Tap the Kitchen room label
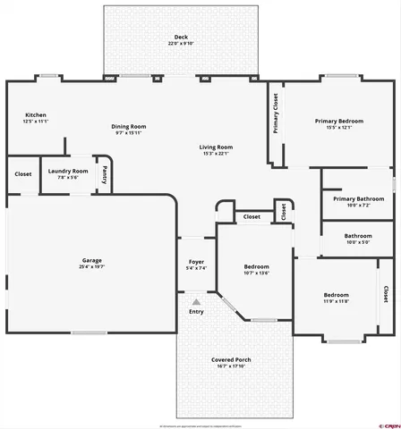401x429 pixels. pyautogui.click(x=36, y=115)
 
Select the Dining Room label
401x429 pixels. pyautogui.click(x=128, y=126)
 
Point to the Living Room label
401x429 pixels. pyautogui.click(x=216, y=147)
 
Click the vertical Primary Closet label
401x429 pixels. pyautogui.click(x=276, y=114)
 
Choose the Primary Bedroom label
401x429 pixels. pyautogui.click(x=337, y=121)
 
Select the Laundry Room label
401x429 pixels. pyautogui.click(x=68, y=170)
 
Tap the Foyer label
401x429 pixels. pyautogui.click(x=195, y=262)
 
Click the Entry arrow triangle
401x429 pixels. pyautogui.click(x=195, y=302)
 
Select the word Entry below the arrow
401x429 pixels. pyautogui.click(x=195, y=312)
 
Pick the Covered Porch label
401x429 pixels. pyautogui.click(x=231, y=359)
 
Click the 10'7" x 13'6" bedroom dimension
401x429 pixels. pyautogui.click(x=257, y=273)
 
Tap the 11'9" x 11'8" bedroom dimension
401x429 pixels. pyautogui.click(x=336, y=301)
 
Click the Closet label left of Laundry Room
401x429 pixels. pyautogui.click(x=22, y=174)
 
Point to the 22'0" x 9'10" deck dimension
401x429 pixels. pyautogui.click(x=182, y=43)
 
